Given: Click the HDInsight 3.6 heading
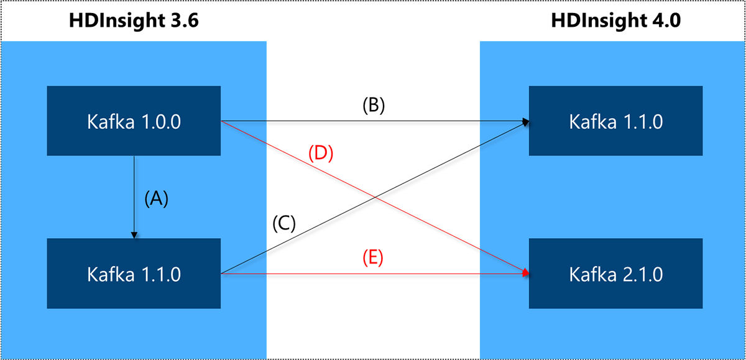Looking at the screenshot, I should click(x=134, y=21).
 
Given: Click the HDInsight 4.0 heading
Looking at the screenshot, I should click(x=615, y=21).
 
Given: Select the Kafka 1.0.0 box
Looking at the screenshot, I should click(x=134, y=121).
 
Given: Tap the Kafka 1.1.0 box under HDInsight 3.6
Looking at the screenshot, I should click(x=134, y=274).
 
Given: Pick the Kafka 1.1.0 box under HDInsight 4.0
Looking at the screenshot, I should click(x=615, y=121).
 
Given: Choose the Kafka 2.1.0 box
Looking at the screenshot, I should click(x=615, y=274).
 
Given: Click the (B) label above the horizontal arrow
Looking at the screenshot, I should click(x=374, y=105).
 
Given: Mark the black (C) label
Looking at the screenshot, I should click(x=284, y=223).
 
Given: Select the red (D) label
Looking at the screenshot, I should click(x=321, y=153).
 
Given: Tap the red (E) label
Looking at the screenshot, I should click(x=374, y=257).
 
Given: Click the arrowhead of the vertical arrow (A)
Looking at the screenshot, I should click(x=134, y=235).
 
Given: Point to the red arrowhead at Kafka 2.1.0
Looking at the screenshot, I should click(x=526, y=273).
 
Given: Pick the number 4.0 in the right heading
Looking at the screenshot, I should click(x=664, y=21).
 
